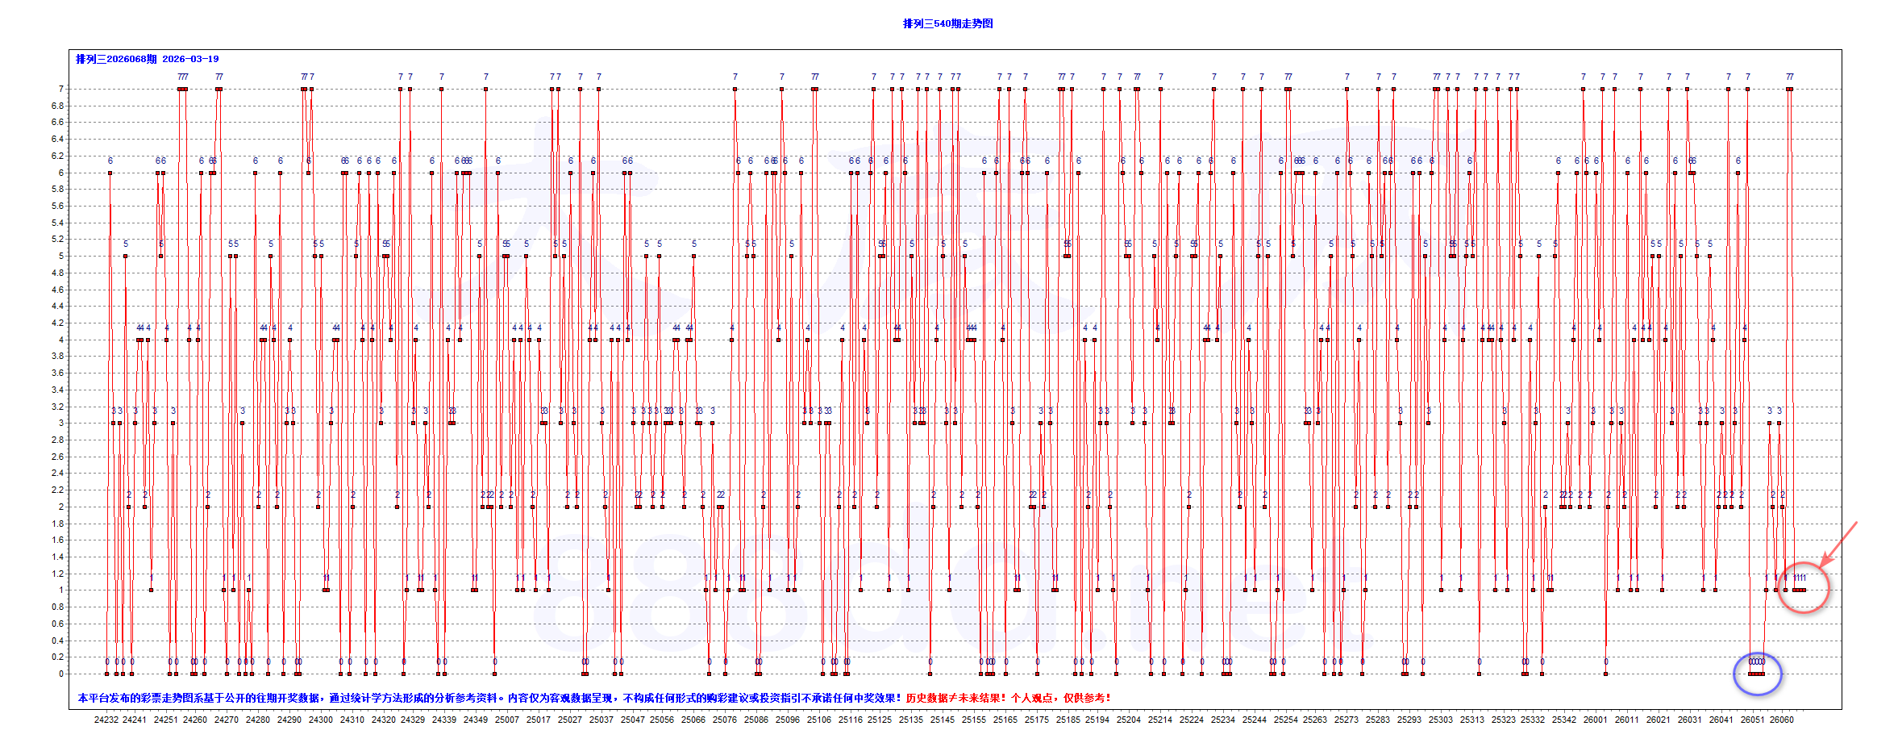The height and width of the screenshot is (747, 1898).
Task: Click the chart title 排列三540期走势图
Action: point(947,24)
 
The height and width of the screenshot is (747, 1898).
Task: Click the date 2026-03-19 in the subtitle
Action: point(190,59)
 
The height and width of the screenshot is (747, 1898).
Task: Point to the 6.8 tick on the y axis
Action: point(57,106)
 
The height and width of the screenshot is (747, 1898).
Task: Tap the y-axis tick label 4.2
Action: point(57,323)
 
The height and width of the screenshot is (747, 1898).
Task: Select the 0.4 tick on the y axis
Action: point(57,641)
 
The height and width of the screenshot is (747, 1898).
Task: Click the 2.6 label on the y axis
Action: point(57,457)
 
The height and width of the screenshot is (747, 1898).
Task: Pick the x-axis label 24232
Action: point(106,720)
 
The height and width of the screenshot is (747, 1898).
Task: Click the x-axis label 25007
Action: point(507,720)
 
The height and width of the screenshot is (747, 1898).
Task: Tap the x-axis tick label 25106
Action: point(819,720)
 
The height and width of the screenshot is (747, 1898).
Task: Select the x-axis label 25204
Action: point(1129,720)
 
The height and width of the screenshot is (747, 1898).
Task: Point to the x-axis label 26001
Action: point(1595,720)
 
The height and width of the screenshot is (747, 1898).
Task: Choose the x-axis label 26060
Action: point(1782,720)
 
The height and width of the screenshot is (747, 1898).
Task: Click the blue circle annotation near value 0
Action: point(1758,674)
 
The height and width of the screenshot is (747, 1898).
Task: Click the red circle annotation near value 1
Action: point(1804,588)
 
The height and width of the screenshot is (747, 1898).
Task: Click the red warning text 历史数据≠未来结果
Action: point(955,698)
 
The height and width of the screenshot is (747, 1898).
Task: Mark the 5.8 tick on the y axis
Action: point(57,189)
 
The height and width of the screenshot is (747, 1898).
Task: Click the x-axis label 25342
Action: point(1564,720)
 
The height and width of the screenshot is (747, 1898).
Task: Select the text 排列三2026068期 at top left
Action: point(116,59)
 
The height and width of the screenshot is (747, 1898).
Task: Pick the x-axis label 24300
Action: point(320,720)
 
